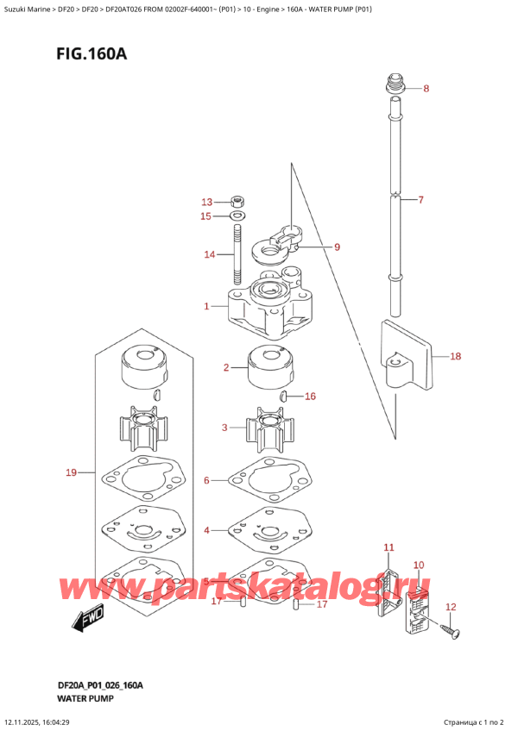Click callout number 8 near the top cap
(x=426, y=89)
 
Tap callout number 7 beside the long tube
(x=420, y=200)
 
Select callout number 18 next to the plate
(x=455, y=355)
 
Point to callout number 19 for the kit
(x=72, y=472)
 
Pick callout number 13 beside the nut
(x=205, y=202)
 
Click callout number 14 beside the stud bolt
(x=209, y=254)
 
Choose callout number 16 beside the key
(x=311, y=397)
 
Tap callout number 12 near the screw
(x=450, y=607)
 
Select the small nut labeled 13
(x=237, y=202)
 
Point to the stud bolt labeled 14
(x=237, y=252)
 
